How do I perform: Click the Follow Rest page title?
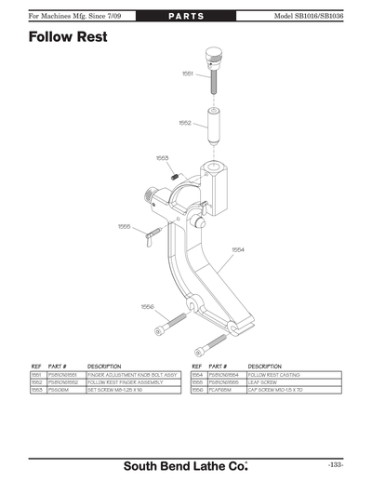tap(68, 37)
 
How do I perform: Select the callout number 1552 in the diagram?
tap(184, 122)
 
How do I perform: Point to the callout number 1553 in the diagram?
tap(162, 158)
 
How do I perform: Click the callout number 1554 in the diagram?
tap(238, 248)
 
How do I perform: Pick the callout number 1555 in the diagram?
tap(124, 226)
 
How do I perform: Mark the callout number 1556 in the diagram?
tap(147, 305)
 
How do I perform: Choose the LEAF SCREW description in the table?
tap(262, 382)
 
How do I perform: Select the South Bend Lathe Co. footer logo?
tap(185, 463)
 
